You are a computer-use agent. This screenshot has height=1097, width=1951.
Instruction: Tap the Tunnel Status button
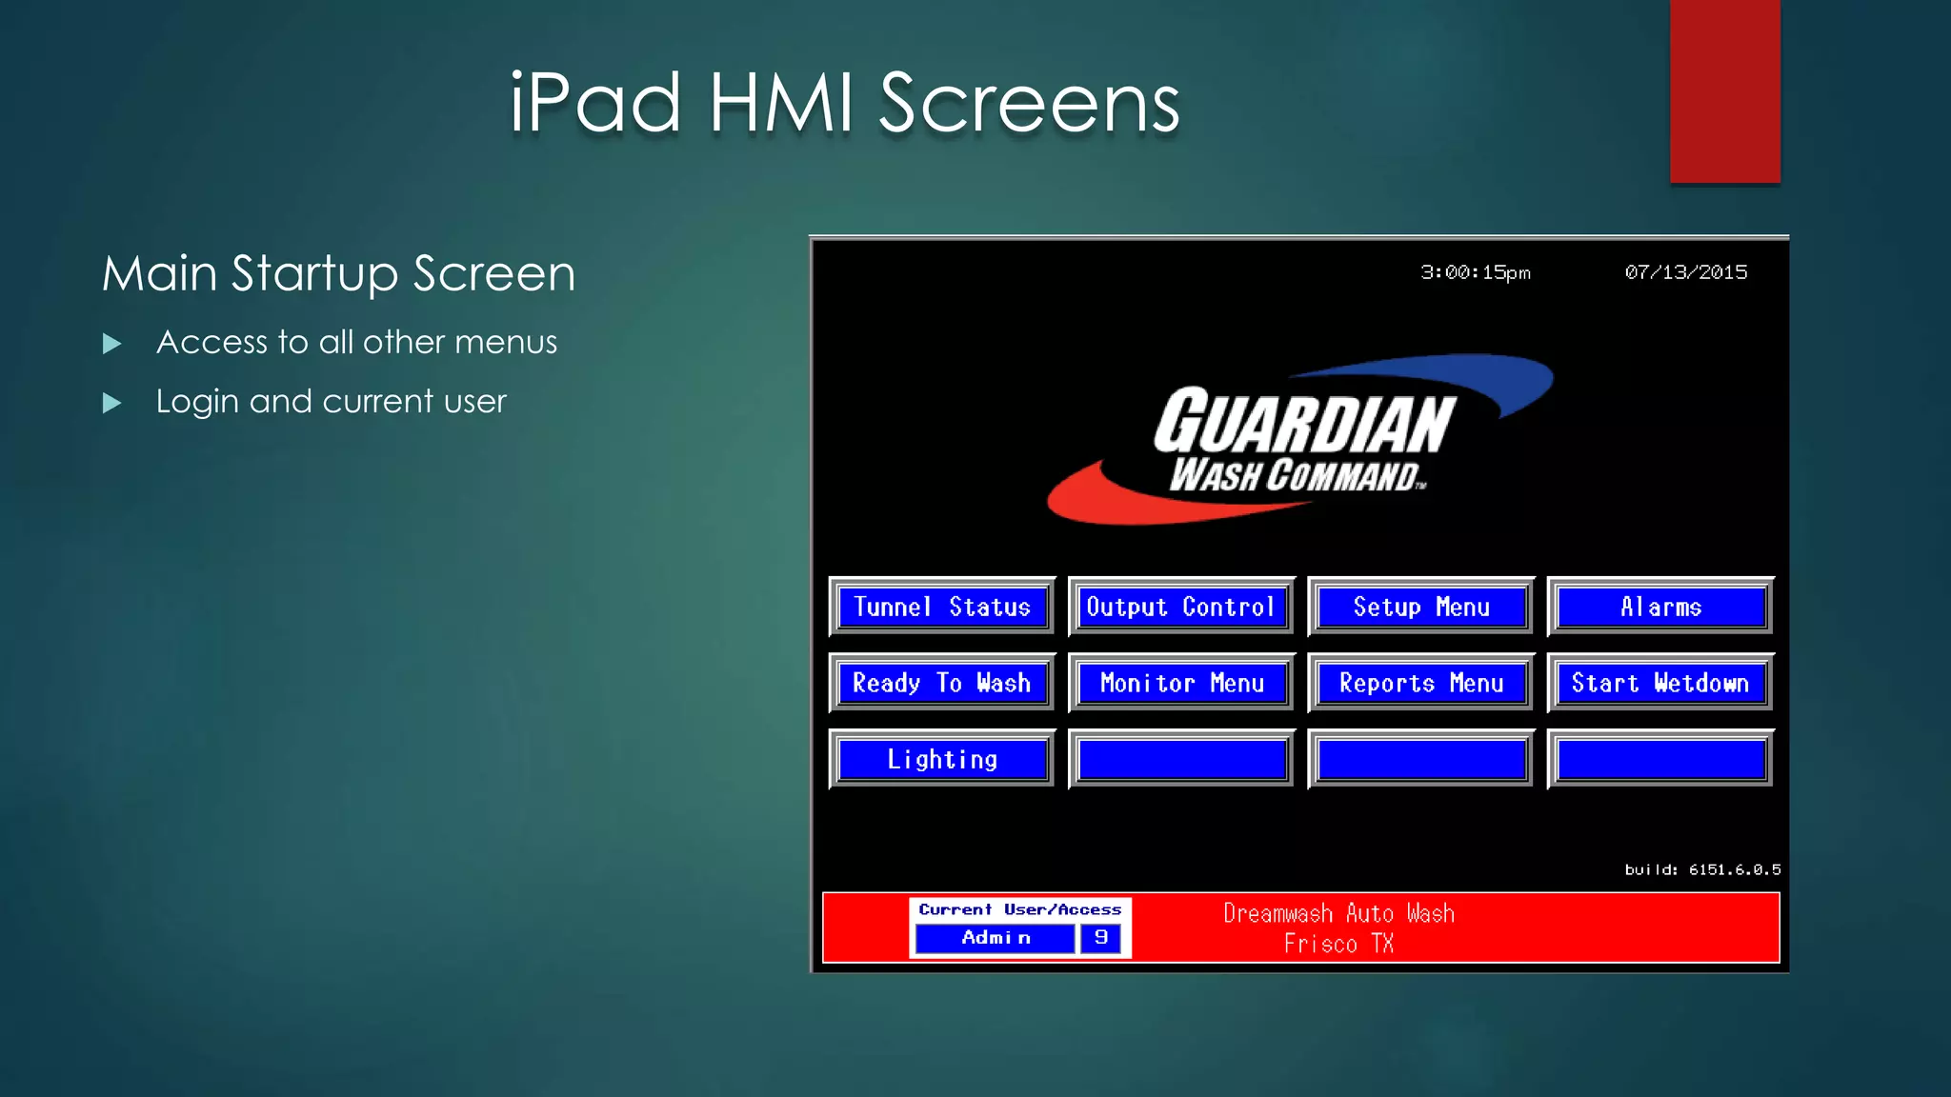[x=942, y=607]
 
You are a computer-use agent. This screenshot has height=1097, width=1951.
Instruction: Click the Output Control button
[x=1181, y=607]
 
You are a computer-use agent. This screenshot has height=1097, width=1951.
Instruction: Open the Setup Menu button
[x=1421, y=607]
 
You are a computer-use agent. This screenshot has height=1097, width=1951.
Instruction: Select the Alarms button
[x=1660, y=607]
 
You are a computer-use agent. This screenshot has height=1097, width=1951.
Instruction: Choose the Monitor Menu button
[x=1181, y=683]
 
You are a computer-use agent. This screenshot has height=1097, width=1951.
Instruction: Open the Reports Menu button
[x=1421, y=683]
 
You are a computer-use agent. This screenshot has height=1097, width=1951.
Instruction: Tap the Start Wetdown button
[x=1660, y=683]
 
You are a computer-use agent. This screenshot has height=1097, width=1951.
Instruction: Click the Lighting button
[x=942, y=759]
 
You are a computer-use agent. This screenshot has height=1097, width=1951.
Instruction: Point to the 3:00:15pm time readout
[x=1476, y=272]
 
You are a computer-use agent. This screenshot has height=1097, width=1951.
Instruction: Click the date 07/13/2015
[x=1686, y=272]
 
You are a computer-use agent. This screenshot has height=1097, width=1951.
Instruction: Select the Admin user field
[x=996, y=938]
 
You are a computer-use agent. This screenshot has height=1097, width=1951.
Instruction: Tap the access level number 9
[x=1101, y=938]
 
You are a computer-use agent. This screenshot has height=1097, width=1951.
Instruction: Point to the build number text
[x=1702, y=869]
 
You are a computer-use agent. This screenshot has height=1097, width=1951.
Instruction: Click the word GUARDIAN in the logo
[x=1305, y=421]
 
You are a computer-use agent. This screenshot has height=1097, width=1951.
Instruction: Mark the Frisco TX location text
[x=1338, y=944]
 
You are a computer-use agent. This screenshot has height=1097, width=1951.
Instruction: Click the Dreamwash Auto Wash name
[x=1338, y=913]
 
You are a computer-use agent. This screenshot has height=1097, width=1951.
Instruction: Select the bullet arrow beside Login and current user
[x=112, y=403]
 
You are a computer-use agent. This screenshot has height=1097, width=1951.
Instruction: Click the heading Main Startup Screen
[x=339, y=273]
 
